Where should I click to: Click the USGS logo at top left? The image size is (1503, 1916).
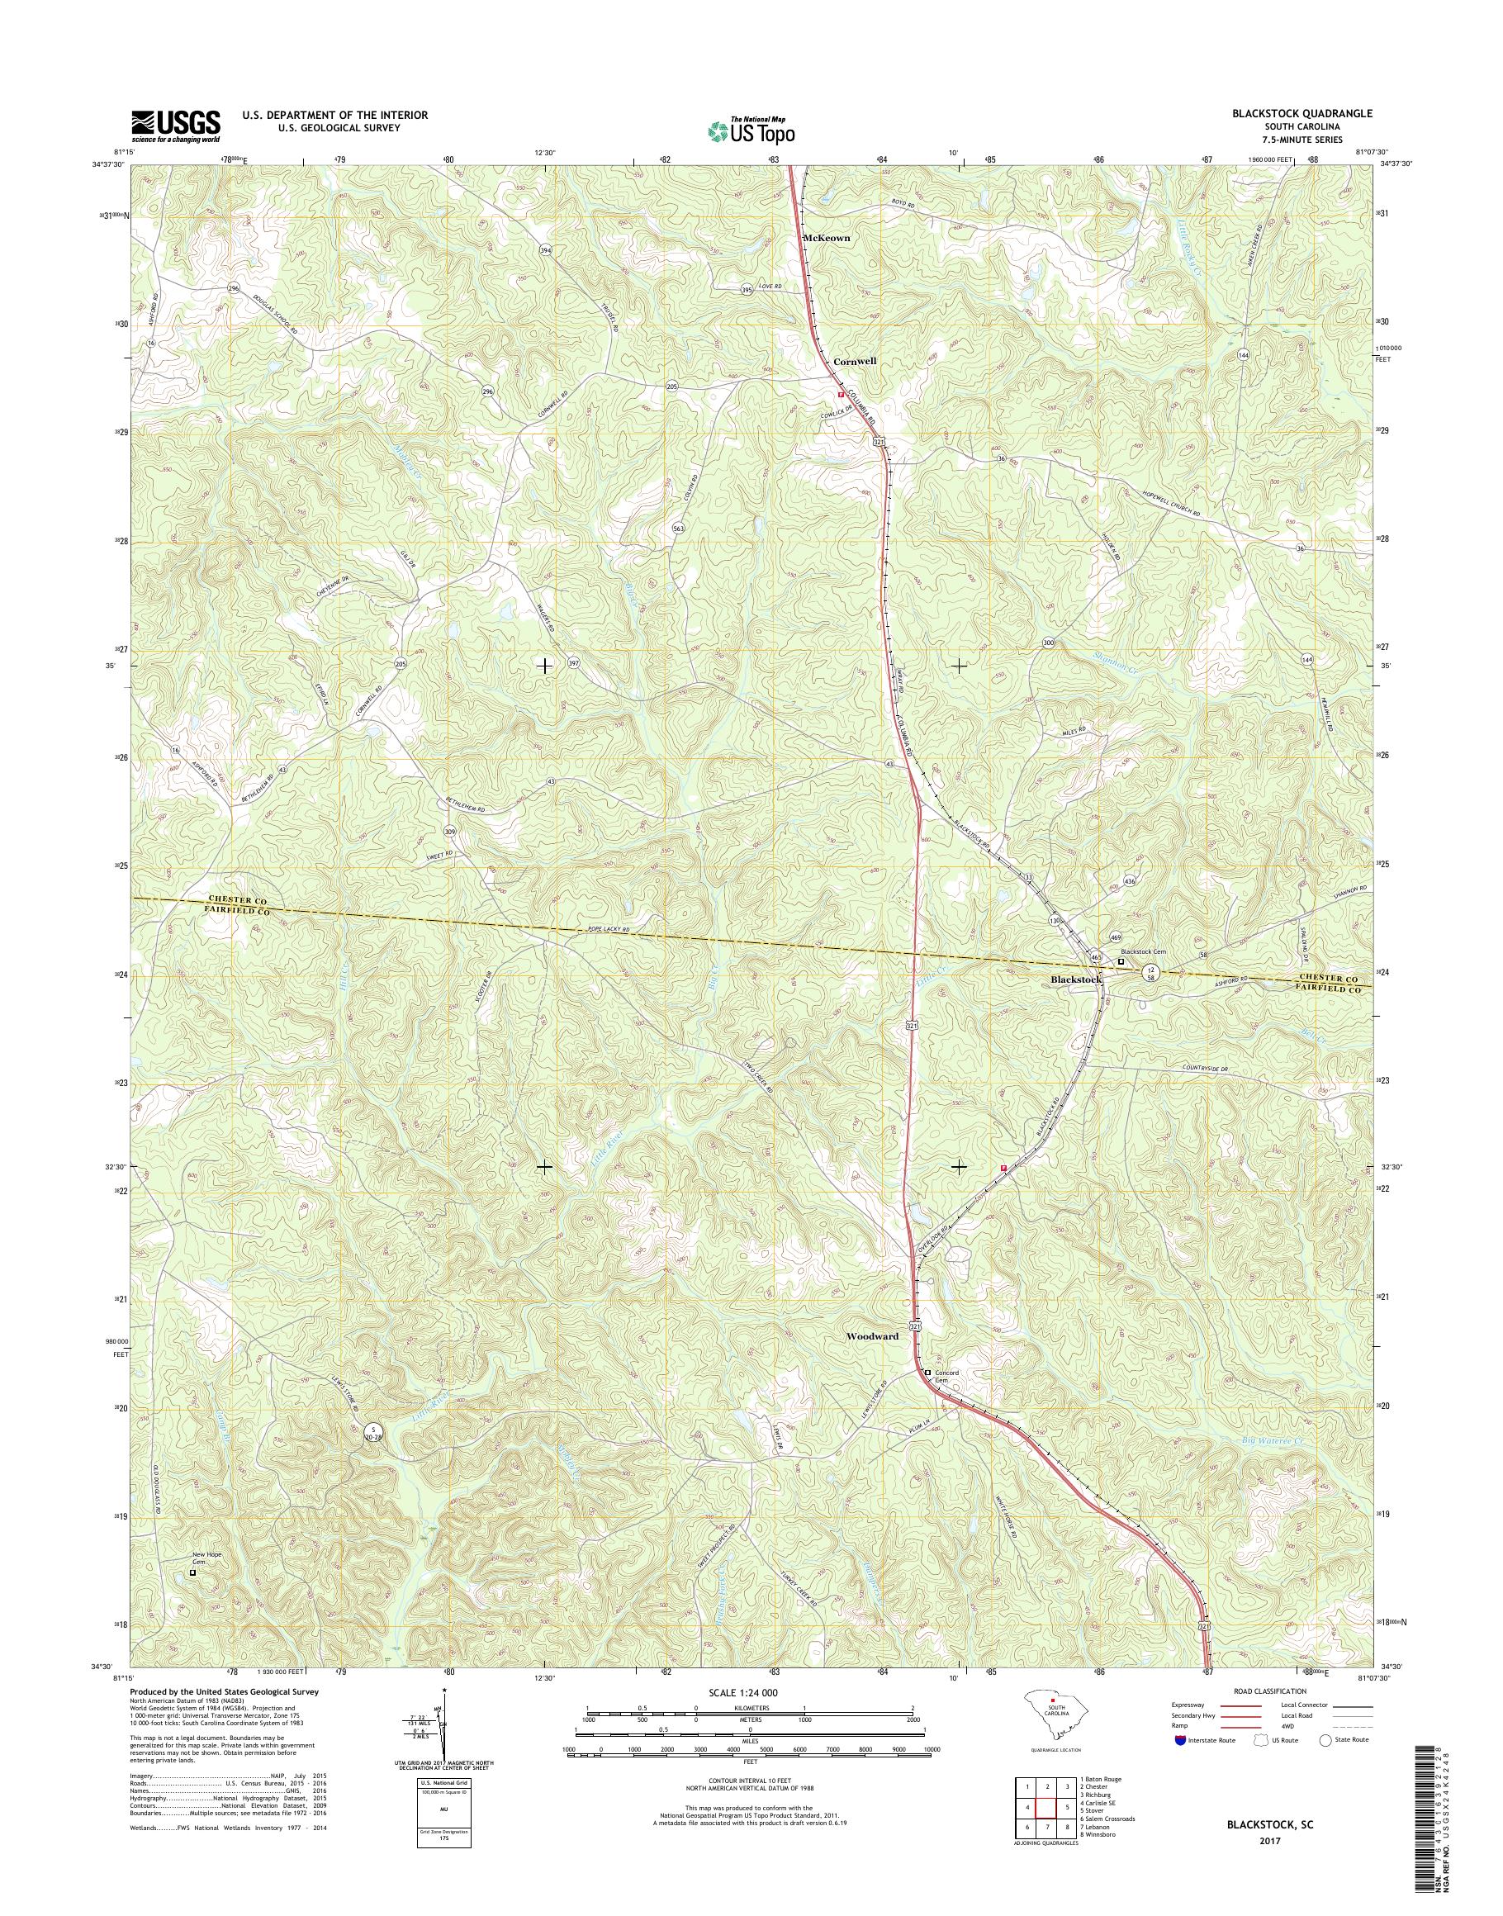click(175, 126)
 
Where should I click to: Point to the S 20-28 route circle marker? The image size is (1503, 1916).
click(375, 1433)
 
